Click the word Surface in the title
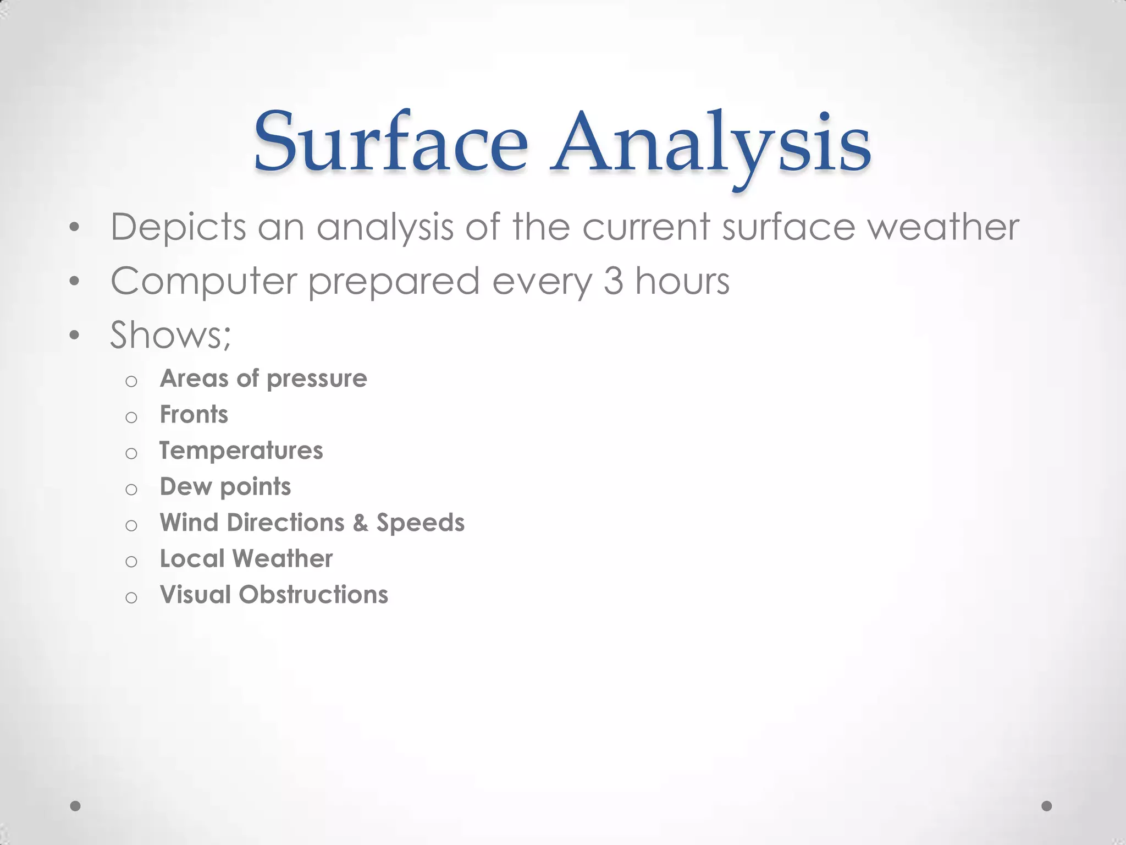click(x=390, y=142)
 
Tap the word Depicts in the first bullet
click(x=178, y=227)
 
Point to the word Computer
click(x=203, y=282)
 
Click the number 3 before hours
click(x=613, y=281)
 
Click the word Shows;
click(x=170, y=334)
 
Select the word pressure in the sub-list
click(x=317, y=379)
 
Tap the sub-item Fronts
click(x=194, y=415)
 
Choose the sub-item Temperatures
click(x=241, y=451)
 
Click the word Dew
click(x=185, y=487)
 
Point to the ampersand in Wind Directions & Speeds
click(x=361, y=523)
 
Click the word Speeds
click(x=420, y=523)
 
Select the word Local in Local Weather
click(x=192, y=559)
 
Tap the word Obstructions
click(x=313, y=595)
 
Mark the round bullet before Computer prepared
click(x=75, y=282)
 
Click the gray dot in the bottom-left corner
click(x=76, y=806)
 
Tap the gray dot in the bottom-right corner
click(x=1047, y=806)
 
